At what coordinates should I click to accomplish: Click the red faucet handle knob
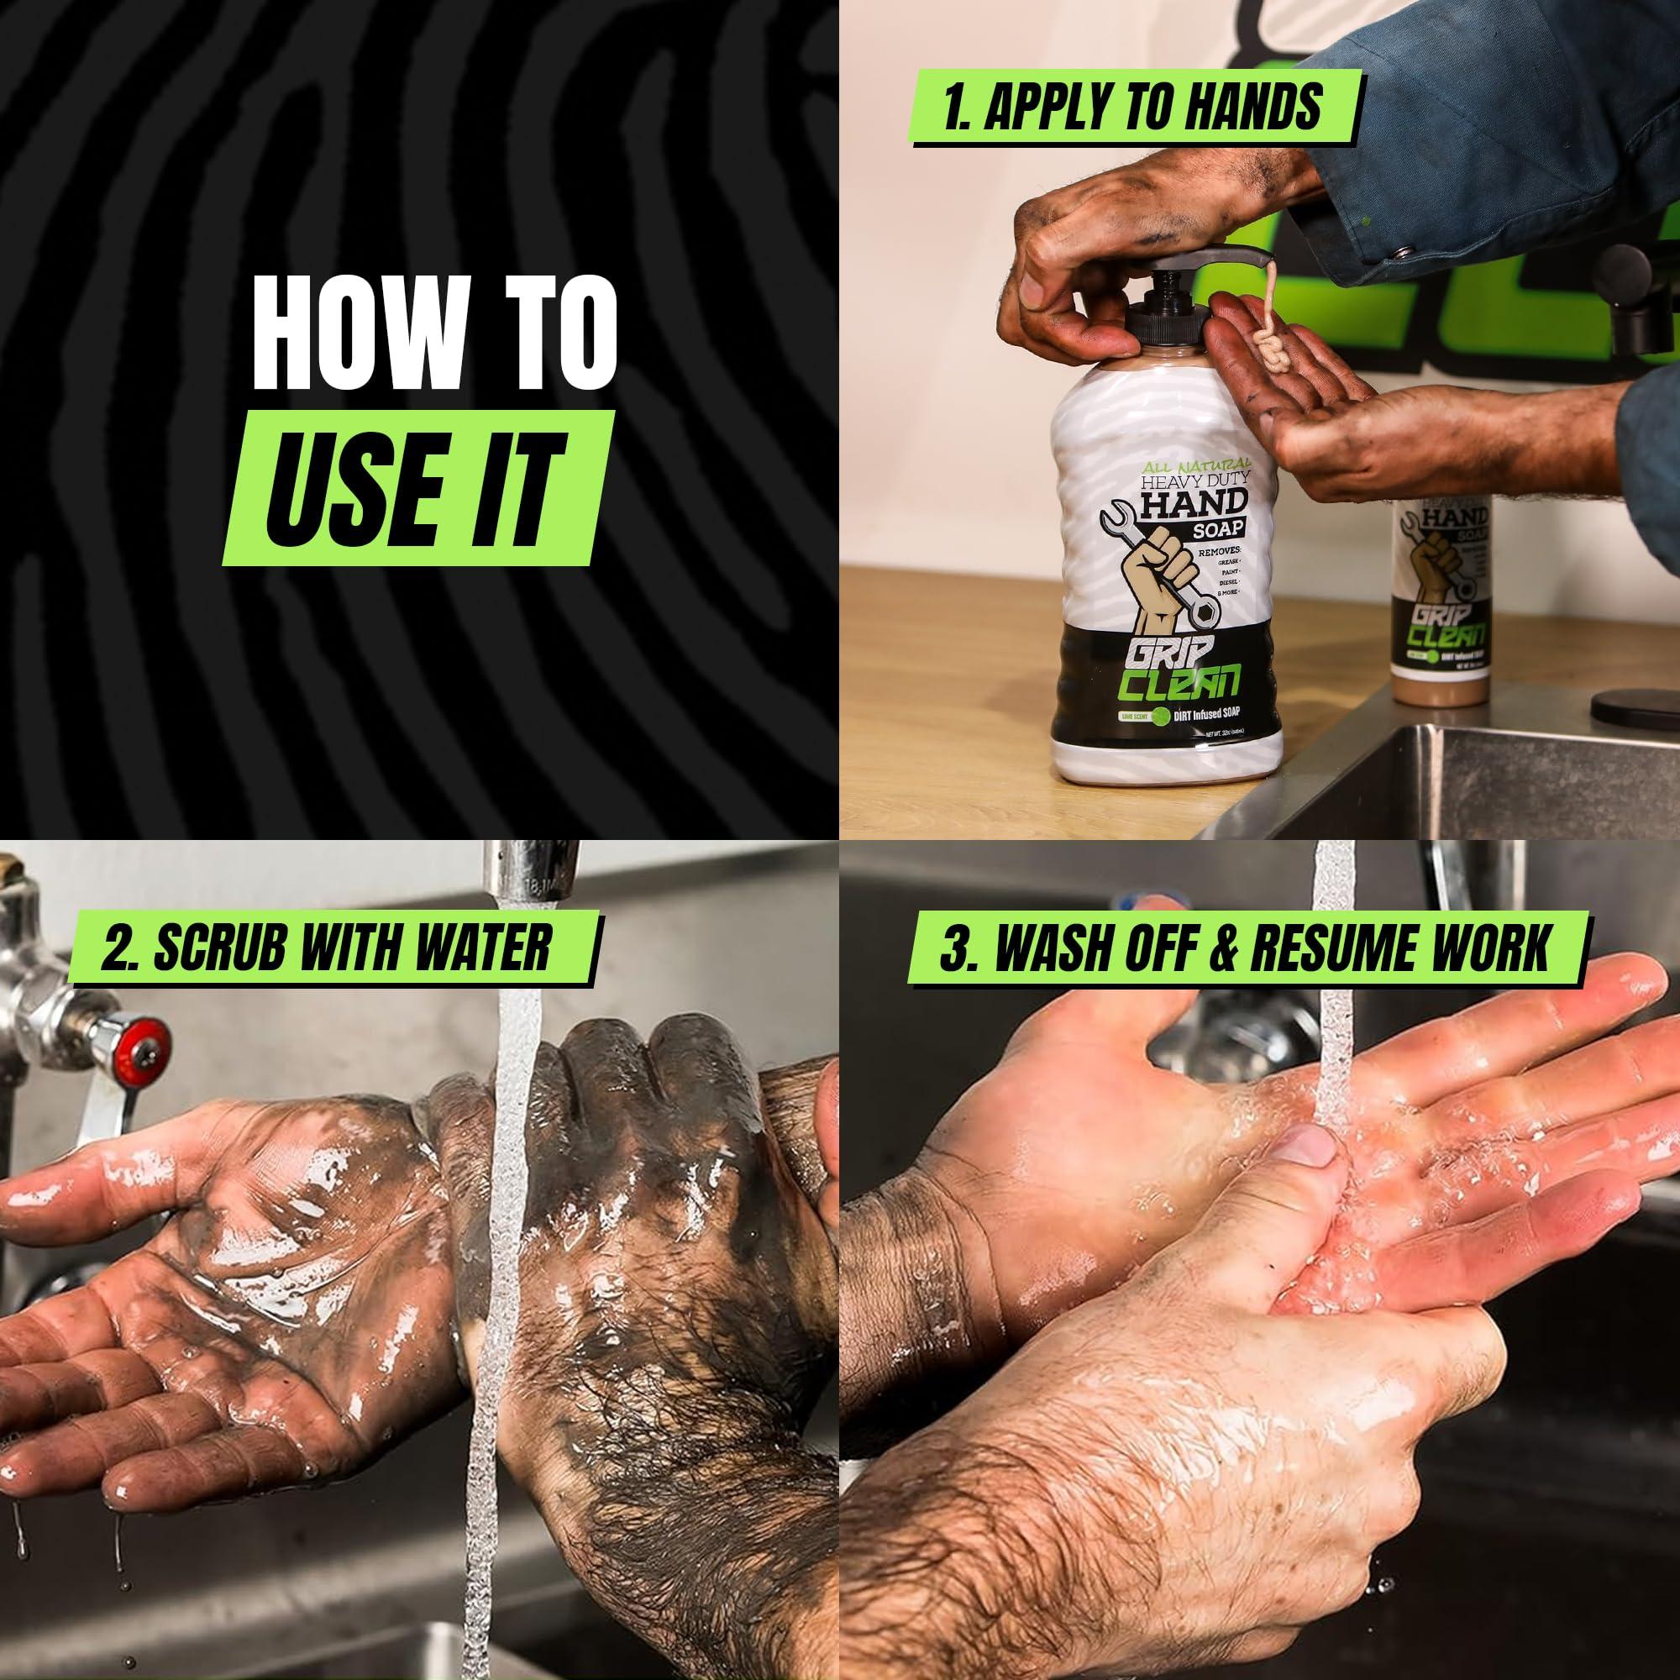click(x=143, y=1055)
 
